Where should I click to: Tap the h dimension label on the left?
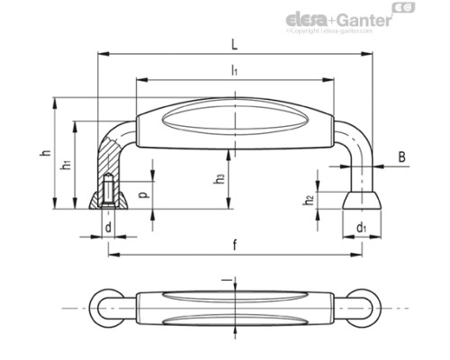tap(43, 154)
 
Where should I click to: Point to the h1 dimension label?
tap(64, 166)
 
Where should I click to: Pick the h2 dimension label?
tap(309, 199)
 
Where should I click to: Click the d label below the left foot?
tap(108, 228)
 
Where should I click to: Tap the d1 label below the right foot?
tap(362, 228)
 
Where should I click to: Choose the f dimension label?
tap(234, 244)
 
